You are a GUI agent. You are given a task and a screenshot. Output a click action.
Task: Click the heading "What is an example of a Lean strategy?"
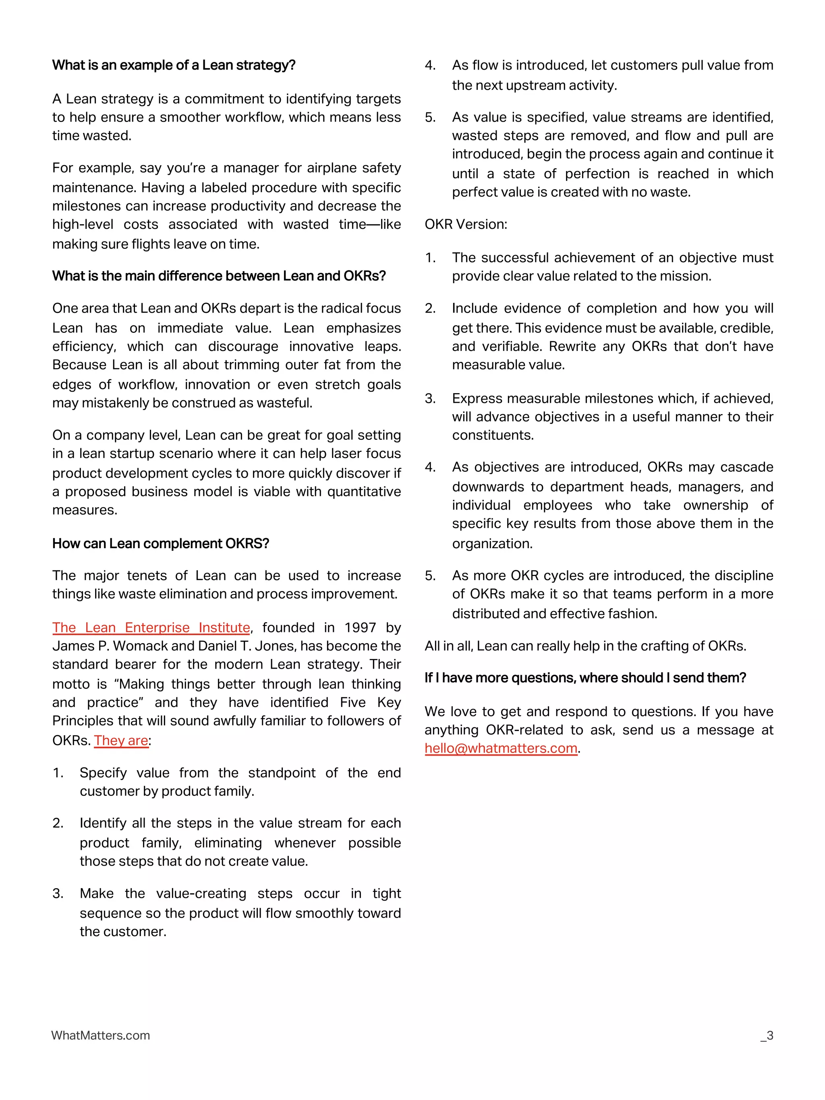tap(174, 65)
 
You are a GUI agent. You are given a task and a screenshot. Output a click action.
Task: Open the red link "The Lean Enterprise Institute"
tap(151, 628)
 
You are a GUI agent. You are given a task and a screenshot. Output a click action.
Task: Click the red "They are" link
tap(121, 740)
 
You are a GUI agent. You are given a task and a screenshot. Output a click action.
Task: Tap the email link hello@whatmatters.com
tap(501, 748)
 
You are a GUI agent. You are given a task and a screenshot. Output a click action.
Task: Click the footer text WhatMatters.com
tap(100, 1035)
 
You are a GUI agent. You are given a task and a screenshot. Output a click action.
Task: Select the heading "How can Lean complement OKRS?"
tap(160, 543)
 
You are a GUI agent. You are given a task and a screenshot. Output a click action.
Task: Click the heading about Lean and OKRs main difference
tap(219, 276)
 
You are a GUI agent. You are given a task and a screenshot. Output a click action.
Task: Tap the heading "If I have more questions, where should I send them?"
tap(585, 678)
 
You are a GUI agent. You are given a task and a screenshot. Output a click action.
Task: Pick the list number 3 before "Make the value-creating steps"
tap(58, 894)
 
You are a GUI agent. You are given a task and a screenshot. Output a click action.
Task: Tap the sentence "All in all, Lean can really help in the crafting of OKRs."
tap(585, 646)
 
